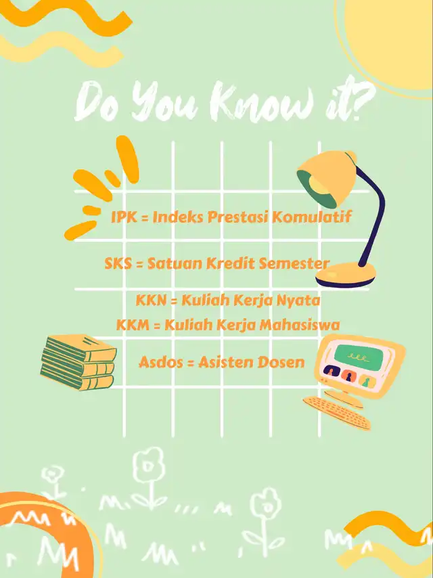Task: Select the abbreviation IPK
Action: [x=124, y=217]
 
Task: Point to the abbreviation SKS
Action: [x=118, y=264]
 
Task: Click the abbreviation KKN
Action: [x=151, y=301]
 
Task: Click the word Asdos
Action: [x=161, y=362]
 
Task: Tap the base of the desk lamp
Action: [x=346, y=275]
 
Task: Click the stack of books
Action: [x=79, y=362]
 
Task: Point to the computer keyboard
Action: [x=337, y=413]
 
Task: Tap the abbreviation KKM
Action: [x=133, y=325]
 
